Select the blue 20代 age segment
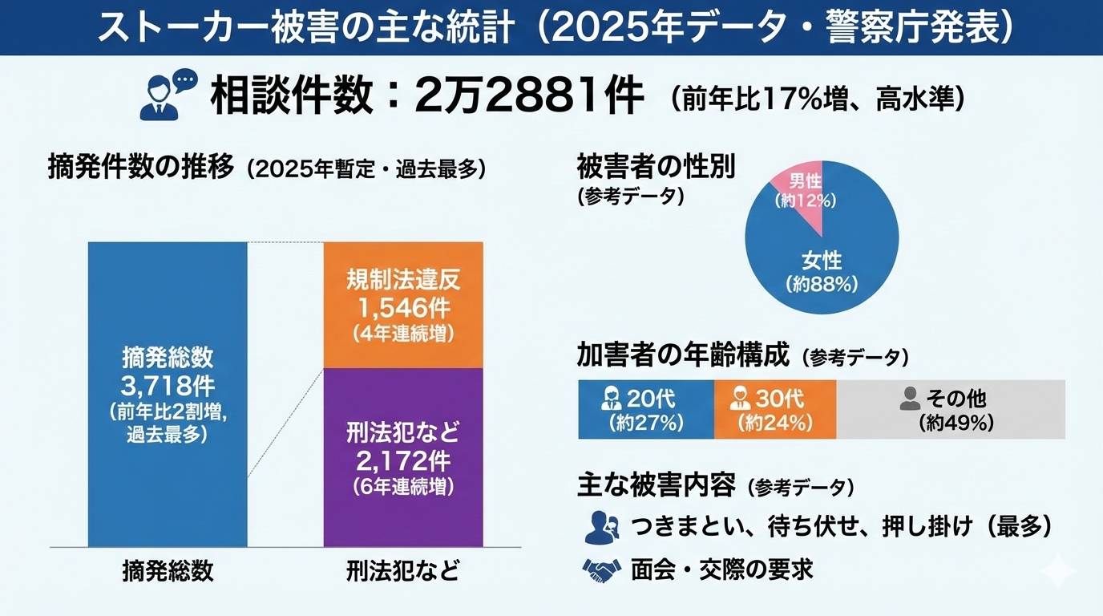(x=645, y=409)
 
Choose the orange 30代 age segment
(x=774, y=409)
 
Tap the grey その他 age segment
(x=951, y=409)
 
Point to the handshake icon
(x=601, y=569)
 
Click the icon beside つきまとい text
(x=601, y=526)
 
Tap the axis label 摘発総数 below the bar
(x=168, y=570)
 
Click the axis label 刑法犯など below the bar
(x=403, y=570)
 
